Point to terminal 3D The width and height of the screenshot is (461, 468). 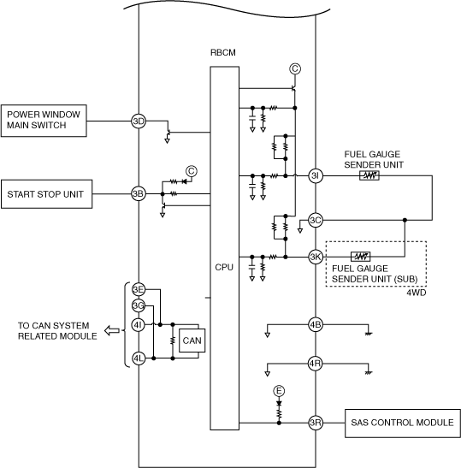[x=139, y=121]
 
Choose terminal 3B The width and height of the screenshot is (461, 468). [x=139, y=194]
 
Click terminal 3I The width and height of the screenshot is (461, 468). [x=316, y=175]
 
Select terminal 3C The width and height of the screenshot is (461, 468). [x=316, y=220]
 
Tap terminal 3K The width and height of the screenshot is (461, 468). [x=316, y=257]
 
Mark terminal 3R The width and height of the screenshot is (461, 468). [x=316, y=423]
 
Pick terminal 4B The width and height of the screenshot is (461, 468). [x=316, y=324]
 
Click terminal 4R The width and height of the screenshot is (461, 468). [x=316, y=364]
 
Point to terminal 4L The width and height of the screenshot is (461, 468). [x=139, y=358]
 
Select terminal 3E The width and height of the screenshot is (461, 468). [x=139, y=289]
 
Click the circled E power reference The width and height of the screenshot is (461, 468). [x=279, y=391]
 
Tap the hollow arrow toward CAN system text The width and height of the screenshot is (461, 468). [x=112, y=331]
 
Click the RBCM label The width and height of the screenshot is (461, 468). [x=223, y=52]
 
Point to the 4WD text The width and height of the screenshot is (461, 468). [x=417, y=293]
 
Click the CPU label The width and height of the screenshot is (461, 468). [x=224, y=267]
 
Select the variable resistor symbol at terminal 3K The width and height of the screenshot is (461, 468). [x=361, y=257]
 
